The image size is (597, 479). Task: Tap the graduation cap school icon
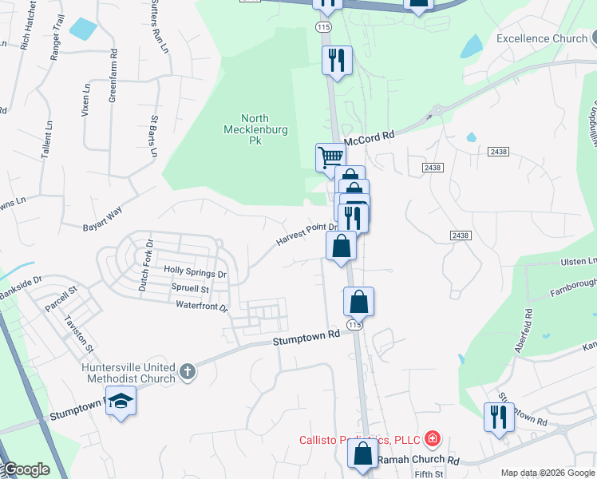[121, 402]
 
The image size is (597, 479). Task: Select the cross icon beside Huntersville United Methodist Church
[187, 371]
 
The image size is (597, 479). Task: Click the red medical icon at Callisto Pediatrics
[432, 438]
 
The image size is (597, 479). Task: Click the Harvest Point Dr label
[308, 234]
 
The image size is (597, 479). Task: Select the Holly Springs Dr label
[195, 272]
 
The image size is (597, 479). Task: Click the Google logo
[26, 469]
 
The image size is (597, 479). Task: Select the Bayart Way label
[103, 220]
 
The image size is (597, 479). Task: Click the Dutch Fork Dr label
[144, 264]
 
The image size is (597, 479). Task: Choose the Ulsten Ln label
[579, 262]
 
